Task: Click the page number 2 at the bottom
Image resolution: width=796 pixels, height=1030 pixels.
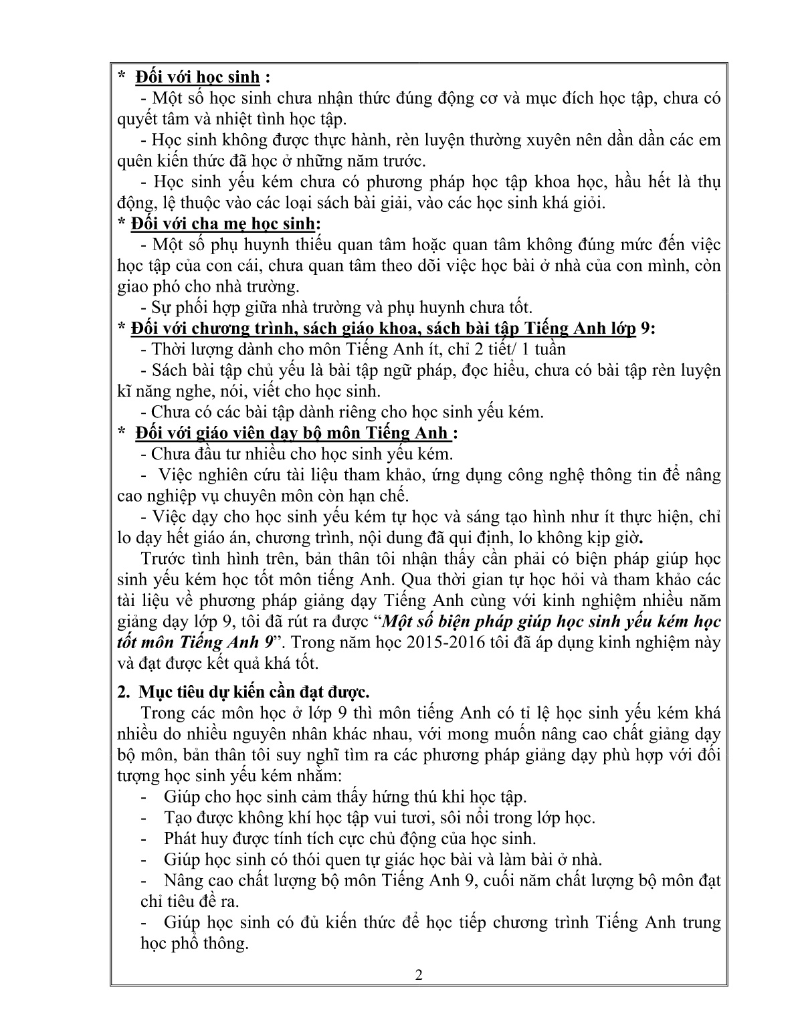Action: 419,993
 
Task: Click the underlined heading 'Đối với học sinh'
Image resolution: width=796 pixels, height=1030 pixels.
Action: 197,78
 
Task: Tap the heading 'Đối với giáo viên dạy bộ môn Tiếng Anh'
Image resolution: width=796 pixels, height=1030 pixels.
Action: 292,433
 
